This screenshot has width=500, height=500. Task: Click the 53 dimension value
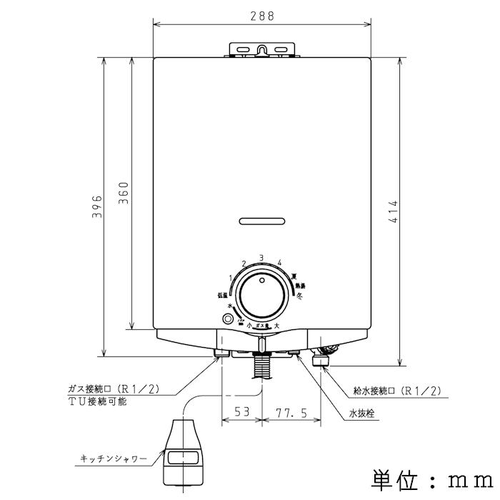242,413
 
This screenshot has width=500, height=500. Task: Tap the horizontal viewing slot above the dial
262,220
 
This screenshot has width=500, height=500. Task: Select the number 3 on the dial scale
261,257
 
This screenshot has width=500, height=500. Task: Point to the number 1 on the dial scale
231,278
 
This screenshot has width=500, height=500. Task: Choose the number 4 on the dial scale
280,262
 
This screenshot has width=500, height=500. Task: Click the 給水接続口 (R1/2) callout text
397,391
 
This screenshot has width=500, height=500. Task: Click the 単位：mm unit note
430,477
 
